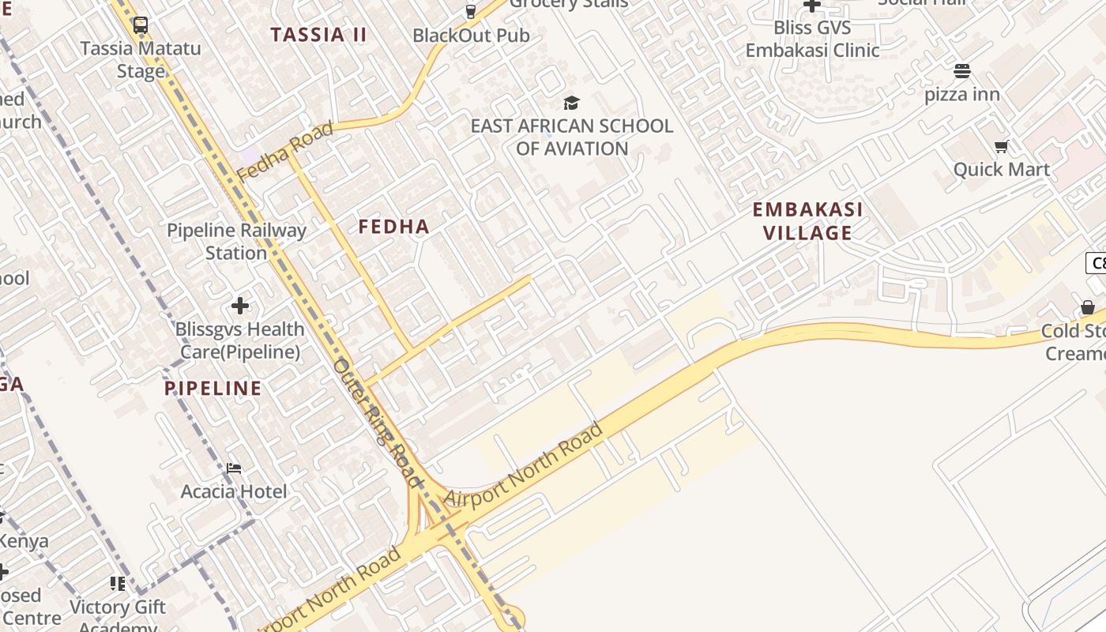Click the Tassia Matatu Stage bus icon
tap(141, 25)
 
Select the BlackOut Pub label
tap(471, 36)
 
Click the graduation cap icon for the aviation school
tap(571, 103)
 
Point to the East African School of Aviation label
tap(572, 137)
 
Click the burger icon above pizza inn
tap(961, 71)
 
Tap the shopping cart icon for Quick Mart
tap(1002, 146)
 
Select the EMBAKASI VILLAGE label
tap(807, 221)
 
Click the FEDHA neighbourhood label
tap(394, 227)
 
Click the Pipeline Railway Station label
tap(236, 242)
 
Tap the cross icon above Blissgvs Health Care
tap(240, 306)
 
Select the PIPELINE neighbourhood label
tap(213, 388)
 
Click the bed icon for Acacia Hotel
tap(234, 468)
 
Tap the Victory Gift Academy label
tap(118, 613)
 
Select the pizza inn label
tap(962, 95)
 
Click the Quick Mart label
tap(1002, 169)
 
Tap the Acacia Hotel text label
tap(234, 491)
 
